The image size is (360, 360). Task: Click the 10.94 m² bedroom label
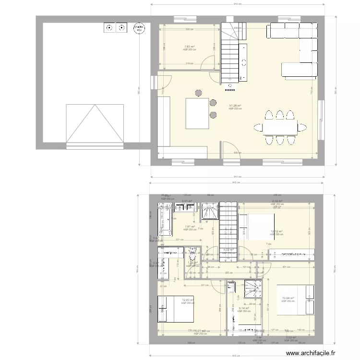click(x=288, y=298)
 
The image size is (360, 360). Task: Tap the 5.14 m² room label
click(x=244, y=308)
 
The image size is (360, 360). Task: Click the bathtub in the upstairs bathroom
click(x=167, y=220)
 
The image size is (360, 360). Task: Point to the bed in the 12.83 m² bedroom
click(x=175, y=309)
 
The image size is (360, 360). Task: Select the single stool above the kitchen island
click(x=198, y=93)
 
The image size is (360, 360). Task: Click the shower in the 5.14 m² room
click(x=252, y=289)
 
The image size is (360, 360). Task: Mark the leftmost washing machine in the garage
click(x=109, y=28)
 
